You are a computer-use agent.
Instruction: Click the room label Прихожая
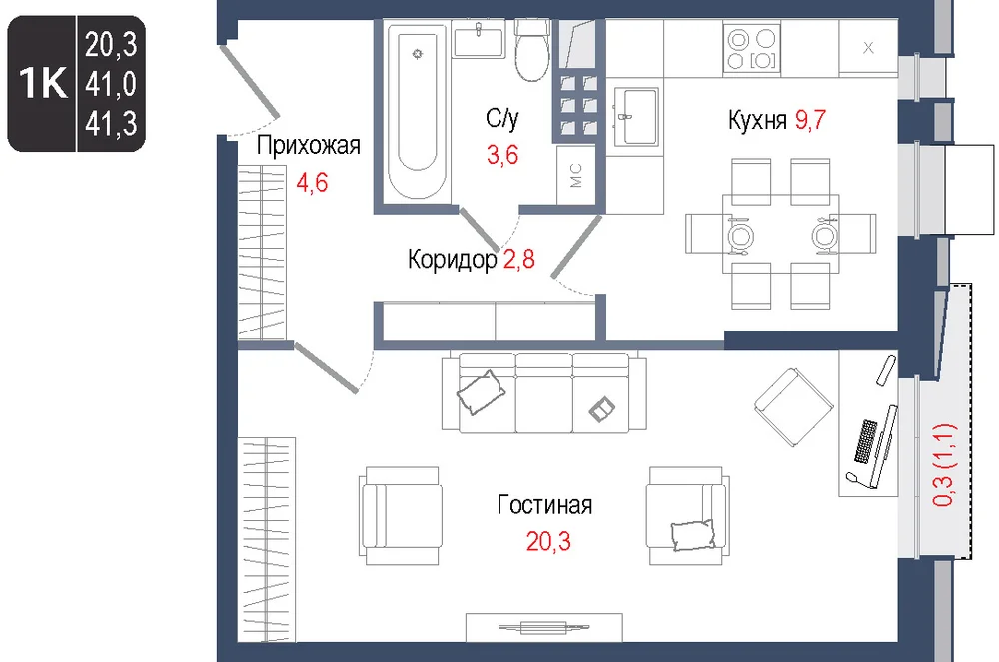point(309,147)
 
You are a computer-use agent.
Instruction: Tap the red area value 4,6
point(312,183)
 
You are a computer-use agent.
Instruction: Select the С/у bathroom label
point(502,119)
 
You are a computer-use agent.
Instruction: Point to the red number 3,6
point(502,155)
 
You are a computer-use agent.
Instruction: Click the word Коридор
point(453,260)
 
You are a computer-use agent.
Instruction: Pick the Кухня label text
point(757,120)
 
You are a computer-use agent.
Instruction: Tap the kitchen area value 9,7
point(810,119)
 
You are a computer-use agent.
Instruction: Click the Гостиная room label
point(544,505)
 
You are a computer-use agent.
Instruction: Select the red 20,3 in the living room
point(548,542)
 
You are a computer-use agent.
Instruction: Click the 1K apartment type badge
point(43,83)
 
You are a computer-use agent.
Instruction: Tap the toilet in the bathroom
point(532,50)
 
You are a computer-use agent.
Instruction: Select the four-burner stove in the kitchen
point(752,48)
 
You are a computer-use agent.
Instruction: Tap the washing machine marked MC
point(576,175)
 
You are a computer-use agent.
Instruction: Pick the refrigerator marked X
point(868,47)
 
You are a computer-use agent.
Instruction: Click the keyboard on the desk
point(866,441)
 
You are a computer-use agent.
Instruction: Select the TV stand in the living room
point(544,628)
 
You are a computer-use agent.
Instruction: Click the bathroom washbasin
point(478,40)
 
